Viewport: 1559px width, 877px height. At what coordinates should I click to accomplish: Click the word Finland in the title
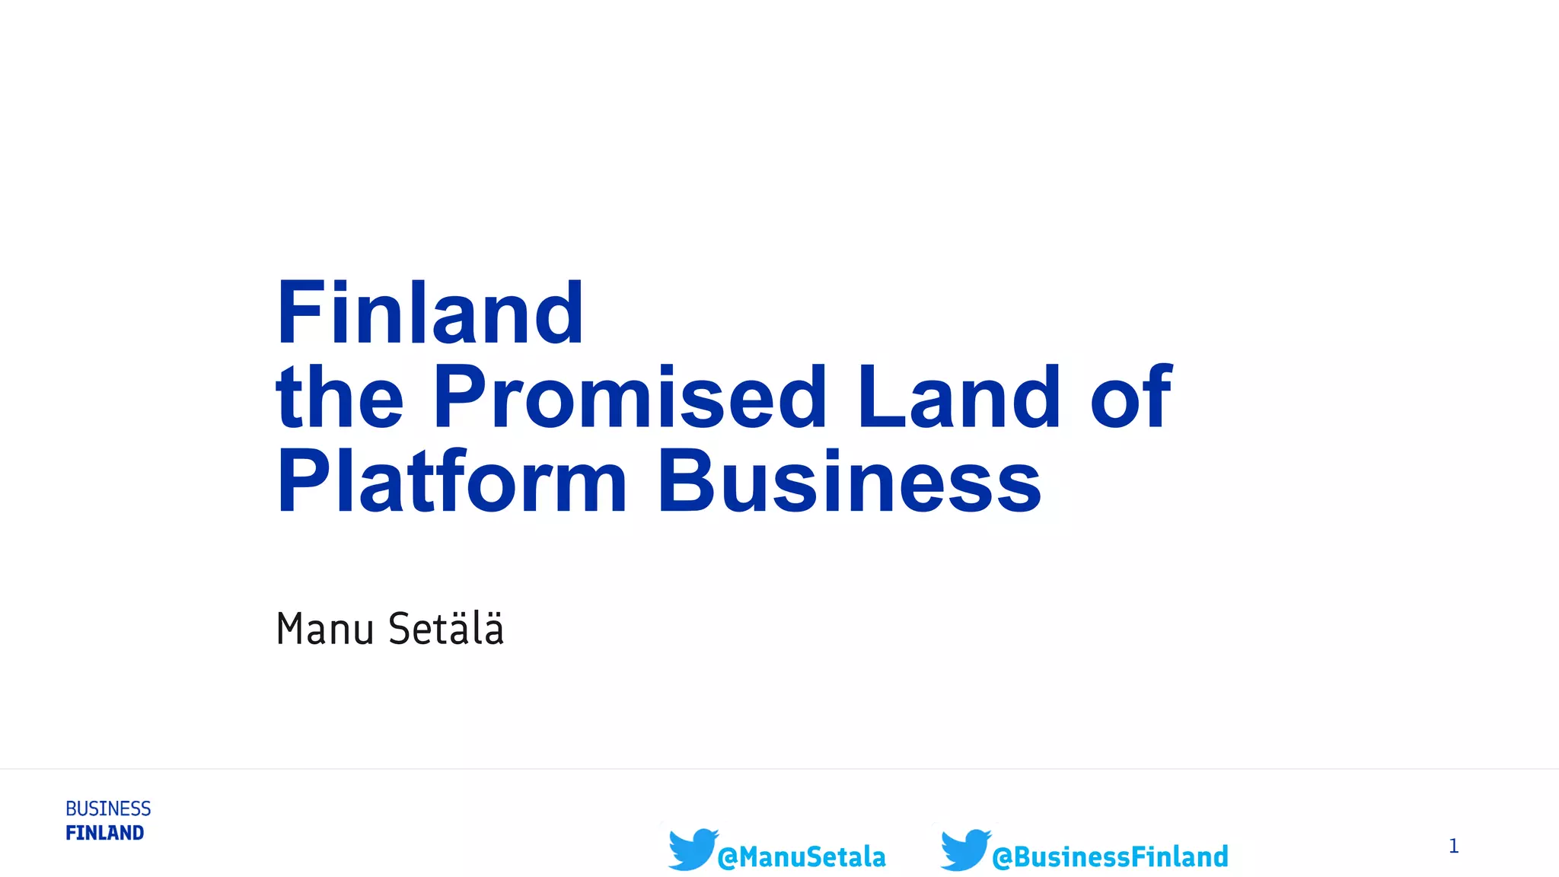click(430, 313)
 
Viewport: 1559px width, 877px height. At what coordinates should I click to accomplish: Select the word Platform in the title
click(451, 482)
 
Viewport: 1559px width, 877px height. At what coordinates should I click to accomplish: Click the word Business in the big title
click(849, 482)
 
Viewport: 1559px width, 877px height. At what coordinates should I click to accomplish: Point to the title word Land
click(958, 397)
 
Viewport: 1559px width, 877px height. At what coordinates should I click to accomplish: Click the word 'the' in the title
click(340, 397)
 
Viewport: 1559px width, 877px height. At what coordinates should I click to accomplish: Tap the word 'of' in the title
click(1131, 397)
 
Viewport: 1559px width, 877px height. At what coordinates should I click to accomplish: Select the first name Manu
click(325, 629)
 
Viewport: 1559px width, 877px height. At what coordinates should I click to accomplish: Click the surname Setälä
click(446, 629)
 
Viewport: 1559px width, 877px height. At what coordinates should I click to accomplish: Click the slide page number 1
click(1453, 846)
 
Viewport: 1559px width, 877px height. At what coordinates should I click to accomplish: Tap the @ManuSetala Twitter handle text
click(802, 857)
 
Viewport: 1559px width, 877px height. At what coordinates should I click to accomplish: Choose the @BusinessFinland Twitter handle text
click(1110, 857)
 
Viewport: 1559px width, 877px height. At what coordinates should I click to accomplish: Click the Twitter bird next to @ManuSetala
click(692, 849)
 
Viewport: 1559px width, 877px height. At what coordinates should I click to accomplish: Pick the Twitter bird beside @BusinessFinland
click(964, 849)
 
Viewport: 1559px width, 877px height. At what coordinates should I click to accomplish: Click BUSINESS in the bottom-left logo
click(108, 808)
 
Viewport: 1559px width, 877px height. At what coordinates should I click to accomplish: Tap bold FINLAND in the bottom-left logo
click(105, 833)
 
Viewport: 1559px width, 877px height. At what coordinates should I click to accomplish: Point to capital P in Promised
click(459, 397)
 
